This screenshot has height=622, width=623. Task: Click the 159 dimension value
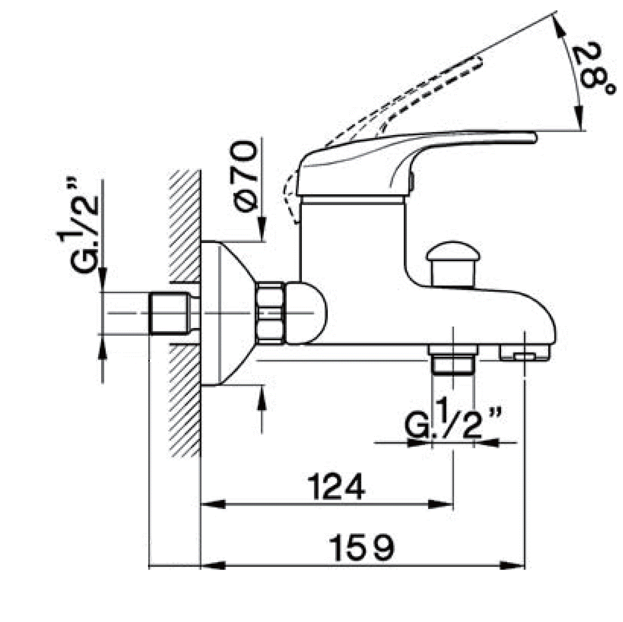[x=362, y=548]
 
